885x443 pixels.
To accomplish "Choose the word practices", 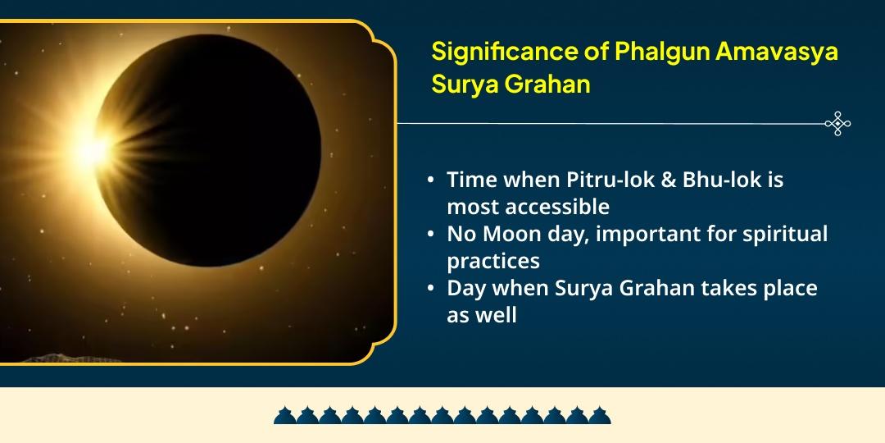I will pos(493,261).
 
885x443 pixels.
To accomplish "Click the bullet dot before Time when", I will pos(431,180).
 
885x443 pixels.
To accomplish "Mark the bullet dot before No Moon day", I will pos(431,235).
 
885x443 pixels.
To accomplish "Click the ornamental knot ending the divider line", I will pos(837,124).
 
